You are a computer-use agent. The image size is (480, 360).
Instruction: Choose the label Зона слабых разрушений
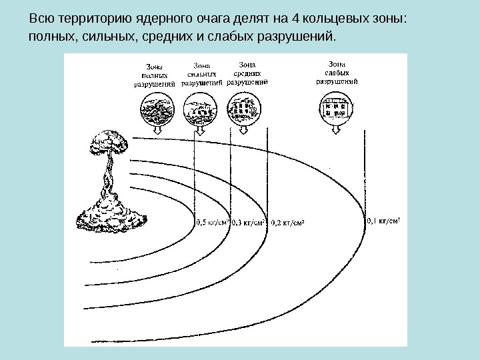[x=337, y=69]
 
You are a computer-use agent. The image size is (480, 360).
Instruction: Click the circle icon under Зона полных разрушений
[x=157, y=109]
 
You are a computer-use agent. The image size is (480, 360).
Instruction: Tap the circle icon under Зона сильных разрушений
[x=199, y=109]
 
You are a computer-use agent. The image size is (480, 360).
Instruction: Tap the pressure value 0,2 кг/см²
[x=288, y=223]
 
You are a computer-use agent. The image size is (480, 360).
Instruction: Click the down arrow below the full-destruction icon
[x=158, y=131]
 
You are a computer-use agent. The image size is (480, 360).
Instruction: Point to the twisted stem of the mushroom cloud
[x=107, y=177]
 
